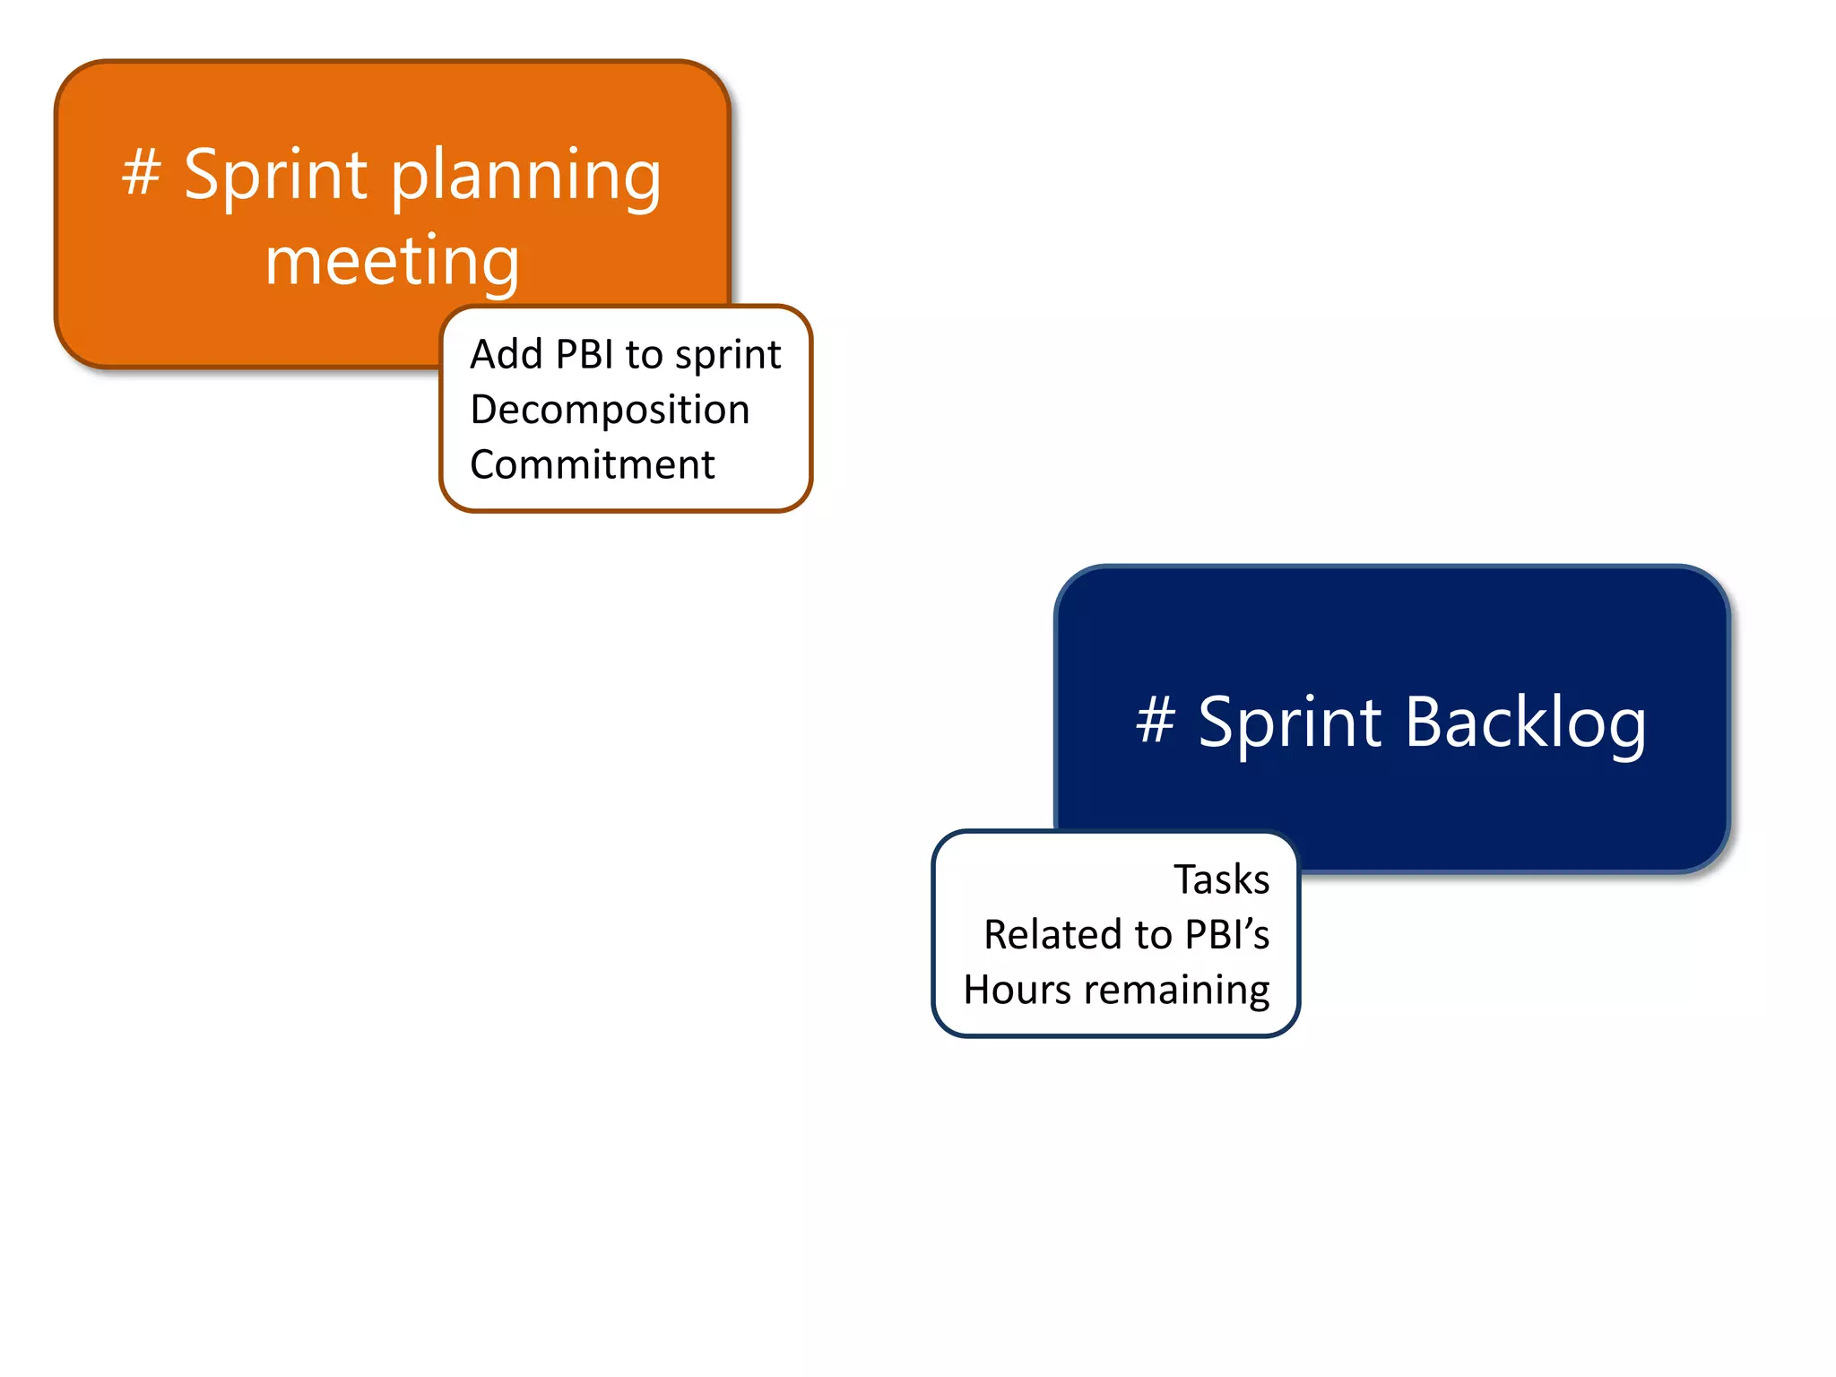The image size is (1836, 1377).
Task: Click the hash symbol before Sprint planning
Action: click(142, 172)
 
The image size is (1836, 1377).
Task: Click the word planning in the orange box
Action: click(526, 177)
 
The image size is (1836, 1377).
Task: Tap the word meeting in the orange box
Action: click(392, 261)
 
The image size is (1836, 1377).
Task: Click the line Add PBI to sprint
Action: click(625, 355)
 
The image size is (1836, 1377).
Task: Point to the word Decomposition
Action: click(610, 411)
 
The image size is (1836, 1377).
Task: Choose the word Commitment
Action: click(592, 465)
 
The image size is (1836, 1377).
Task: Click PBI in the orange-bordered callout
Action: click(585, 354)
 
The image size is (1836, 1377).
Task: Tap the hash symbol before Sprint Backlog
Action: click(1156, 719)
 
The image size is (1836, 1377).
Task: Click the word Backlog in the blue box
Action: click(1525, 723)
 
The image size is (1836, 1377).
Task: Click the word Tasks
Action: click(1221, 879)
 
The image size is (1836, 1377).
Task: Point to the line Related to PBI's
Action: click(1126, 935)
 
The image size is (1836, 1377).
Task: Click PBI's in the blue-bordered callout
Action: click(1226, 935)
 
